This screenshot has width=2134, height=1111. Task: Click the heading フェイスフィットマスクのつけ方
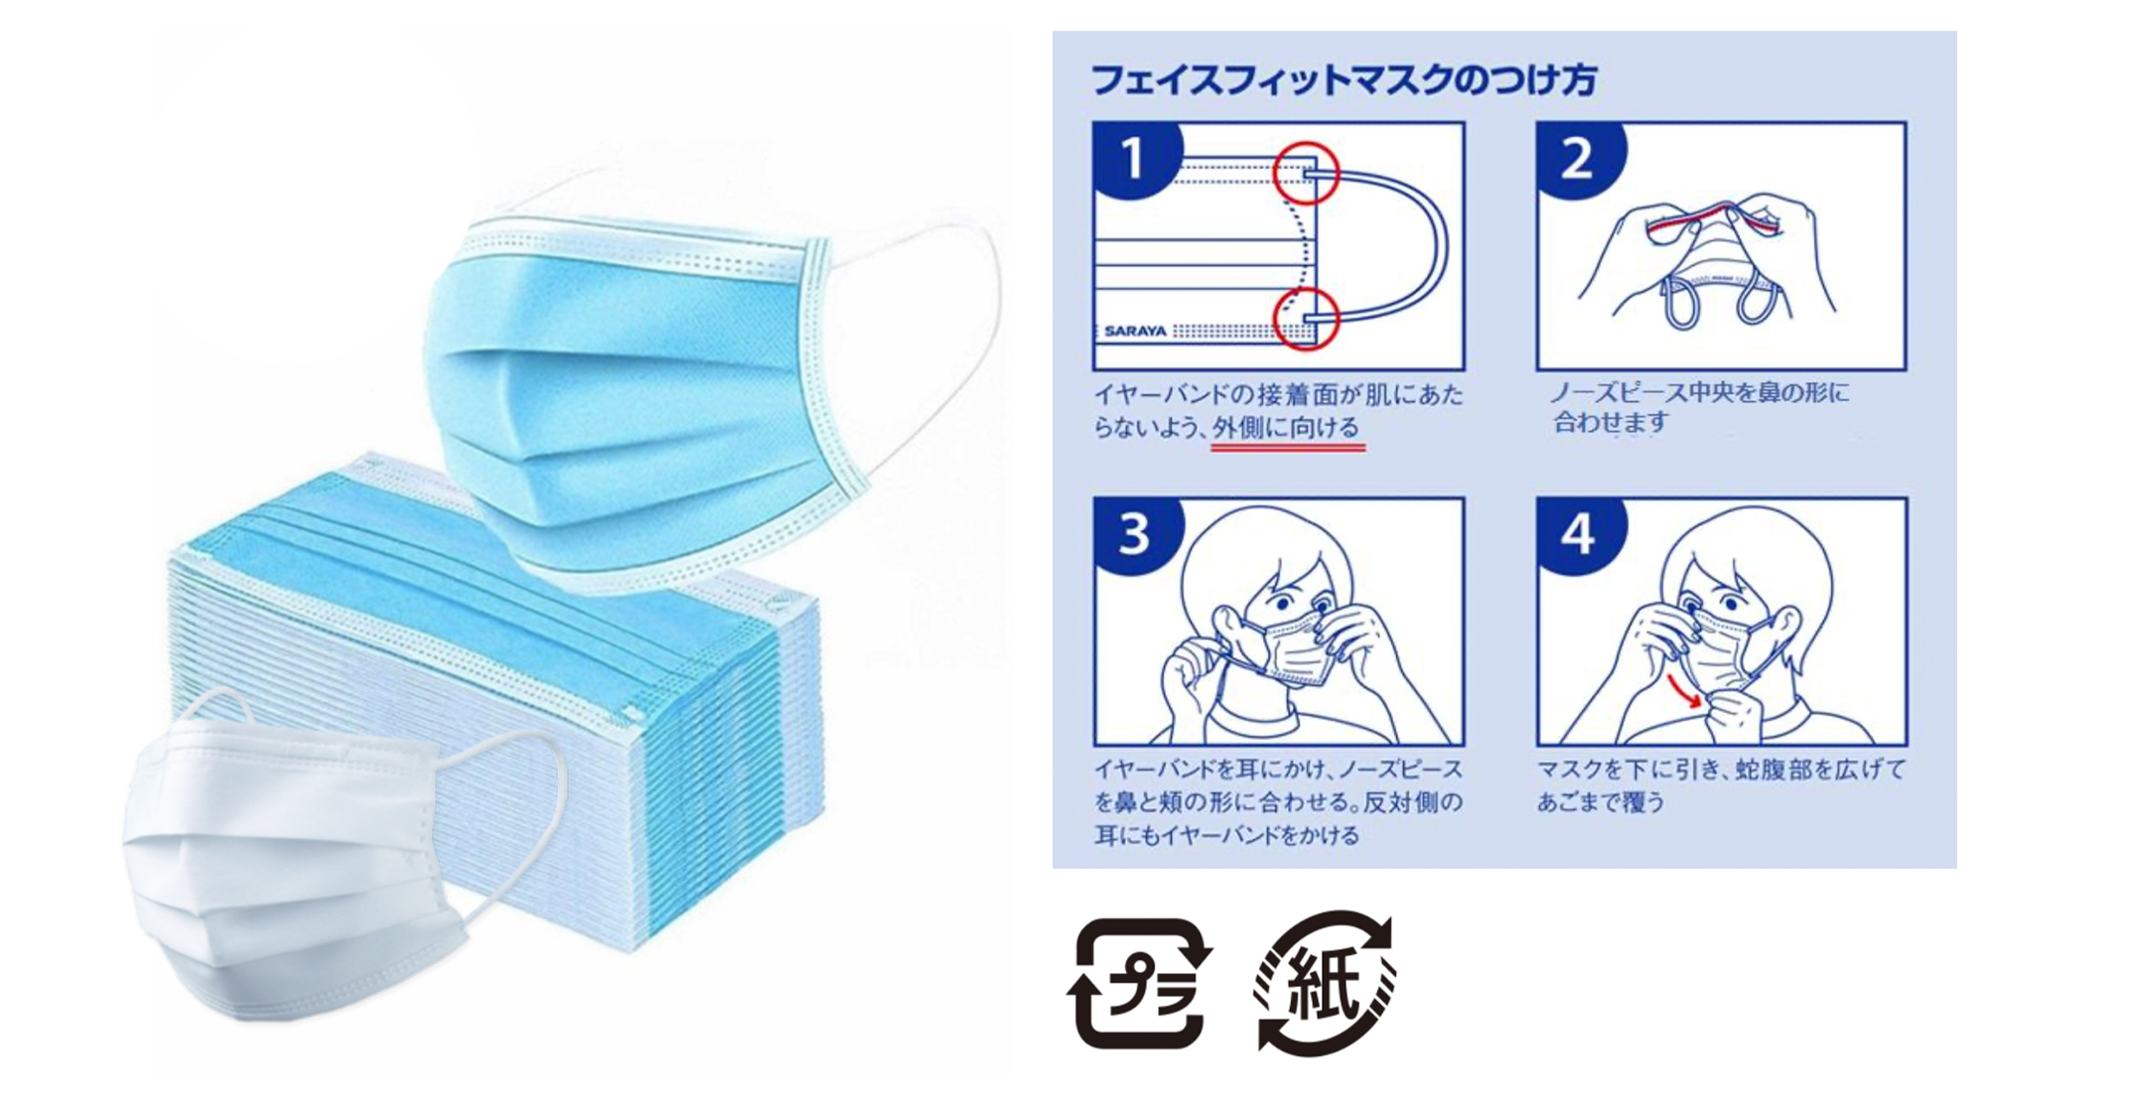point(1344,78)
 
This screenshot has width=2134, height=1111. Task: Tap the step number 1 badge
point(1134,158)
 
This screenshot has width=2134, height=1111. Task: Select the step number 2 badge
point(1578,158)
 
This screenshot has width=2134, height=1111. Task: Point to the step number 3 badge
point(1135,533)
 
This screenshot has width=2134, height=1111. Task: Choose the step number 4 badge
point(1579,533)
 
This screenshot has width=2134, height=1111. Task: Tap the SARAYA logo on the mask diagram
point(1135,332)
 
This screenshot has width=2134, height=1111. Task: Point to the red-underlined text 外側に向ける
point(1287,428)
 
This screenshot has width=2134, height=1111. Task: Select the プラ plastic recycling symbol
point(1140,984)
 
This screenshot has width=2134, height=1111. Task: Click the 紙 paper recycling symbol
point(1324,984)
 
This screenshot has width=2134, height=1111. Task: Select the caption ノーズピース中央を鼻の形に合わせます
point(1699,408)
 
